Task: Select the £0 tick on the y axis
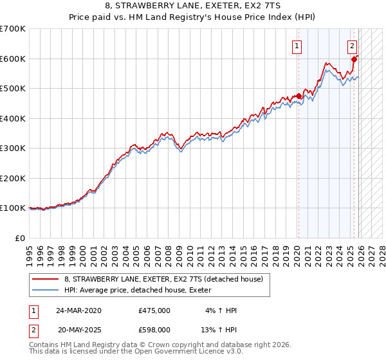(x=21, y=238)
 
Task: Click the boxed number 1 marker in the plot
(x=297, y=45)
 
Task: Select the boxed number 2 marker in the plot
(x=353, y=45)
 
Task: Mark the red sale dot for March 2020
(x=299, y=96)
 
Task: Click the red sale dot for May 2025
(x=354, y=59)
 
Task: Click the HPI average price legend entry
(x=142, y=290)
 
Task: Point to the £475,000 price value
(x=154, y=310)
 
